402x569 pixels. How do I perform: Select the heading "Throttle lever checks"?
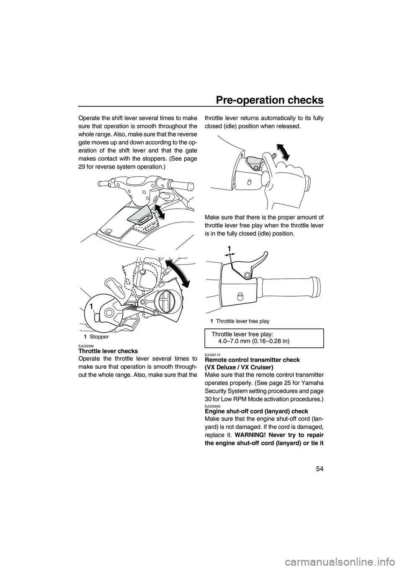coord(108,351)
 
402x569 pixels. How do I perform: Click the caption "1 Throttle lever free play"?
coord(240,321)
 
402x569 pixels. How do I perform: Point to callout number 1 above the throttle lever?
coord(229,249)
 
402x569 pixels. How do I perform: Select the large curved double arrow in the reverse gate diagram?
coord(178,272)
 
